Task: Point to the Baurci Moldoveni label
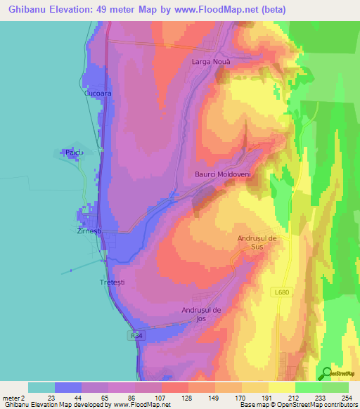pos(223,174)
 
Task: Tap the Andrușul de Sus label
pos(259,243)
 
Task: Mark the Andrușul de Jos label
pos(202,314)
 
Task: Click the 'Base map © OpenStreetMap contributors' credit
pos(297,405)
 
